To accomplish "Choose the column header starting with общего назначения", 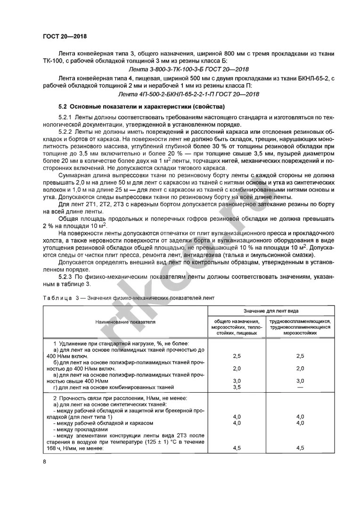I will pos(237,327).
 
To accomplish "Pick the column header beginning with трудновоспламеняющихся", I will pos(300,327).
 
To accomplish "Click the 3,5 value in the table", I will pos(237,387).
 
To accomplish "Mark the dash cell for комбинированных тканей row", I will pos(300,387).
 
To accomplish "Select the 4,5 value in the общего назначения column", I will pos(237,449).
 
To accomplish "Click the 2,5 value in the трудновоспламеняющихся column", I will pos(300,356).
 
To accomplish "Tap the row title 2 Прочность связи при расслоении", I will pos(120,398).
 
